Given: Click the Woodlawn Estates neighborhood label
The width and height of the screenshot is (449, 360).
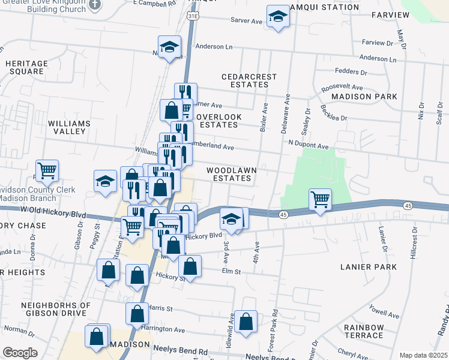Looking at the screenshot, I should click(x=232, y=174).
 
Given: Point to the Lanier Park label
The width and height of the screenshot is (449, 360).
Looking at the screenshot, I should click(x=368, y=266).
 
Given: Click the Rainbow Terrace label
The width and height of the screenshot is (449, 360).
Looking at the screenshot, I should click(x=364, y=331).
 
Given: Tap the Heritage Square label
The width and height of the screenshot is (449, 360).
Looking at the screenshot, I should click(x=26, y=67).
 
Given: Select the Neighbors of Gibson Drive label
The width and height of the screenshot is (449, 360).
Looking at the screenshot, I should click(x=56, y=310).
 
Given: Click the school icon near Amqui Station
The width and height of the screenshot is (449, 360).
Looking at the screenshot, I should click(x=278, y=17).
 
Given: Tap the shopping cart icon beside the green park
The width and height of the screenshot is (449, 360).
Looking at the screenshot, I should click(x=321, y=200).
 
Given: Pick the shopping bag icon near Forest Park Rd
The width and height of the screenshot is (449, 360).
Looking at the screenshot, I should click(x=246, y=322).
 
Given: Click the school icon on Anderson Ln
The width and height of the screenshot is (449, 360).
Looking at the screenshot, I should click(x=170, y=47).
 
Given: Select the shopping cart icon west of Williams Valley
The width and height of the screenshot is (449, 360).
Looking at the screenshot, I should click(x=47, y=170).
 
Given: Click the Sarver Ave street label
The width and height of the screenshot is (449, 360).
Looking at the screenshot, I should click(x=247, y=20).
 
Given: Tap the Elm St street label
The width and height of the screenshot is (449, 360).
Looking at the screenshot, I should click(x=231, y=271).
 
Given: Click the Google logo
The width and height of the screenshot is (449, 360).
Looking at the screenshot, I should click(x=20, y=353).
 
